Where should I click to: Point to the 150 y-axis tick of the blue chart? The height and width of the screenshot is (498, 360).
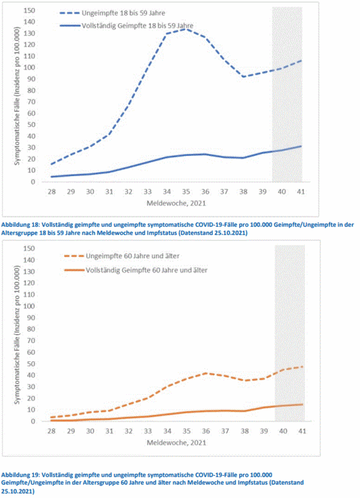click(29, 11)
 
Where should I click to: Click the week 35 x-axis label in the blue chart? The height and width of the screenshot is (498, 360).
click(186, 192)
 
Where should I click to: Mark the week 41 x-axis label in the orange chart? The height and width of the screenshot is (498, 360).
click(302, 431)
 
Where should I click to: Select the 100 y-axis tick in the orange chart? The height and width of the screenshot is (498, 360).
click(29, 306)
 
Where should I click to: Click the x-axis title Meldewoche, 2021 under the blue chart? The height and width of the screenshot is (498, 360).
click(176, 203)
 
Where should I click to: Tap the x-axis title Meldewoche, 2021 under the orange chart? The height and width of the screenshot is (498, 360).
click(176, 442)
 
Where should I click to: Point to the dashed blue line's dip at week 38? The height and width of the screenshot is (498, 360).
click(243, 77)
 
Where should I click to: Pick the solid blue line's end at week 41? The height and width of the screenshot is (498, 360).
click(301, 146)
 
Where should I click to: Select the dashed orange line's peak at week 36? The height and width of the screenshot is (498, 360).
click(206, 373)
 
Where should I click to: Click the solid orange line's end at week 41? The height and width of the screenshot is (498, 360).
click(302, 405)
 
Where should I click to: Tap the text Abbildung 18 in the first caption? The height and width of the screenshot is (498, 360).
click(20, 225)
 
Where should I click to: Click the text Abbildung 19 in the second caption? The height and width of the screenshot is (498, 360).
click(20, 475)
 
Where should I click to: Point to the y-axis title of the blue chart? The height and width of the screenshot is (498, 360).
click(16, 96)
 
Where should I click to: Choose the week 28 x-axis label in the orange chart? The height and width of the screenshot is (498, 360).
click(51, 431)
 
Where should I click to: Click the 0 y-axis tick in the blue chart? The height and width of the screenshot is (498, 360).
click(33, 182)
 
